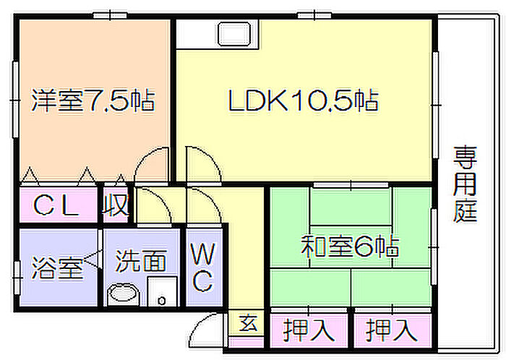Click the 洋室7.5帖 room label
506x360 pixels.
[x=93, y=100]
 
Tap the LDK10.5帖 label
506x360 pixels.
[x=304, y=100]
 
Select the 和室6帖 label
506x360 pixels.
[x=350, y=247]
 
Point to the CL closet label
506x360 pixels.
[x=56, y=205]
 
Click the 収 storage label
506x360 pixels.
[x=116, y=205]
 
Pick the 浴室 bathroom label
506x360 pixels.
[x=57, y=267]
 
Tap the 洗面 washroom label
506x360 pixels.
[x=141, y=260]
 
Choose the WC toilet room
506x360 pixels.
[x=203, y=267]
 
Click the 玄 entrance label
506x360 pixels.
[x=248, y=323]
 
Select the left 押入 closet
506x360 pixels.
[x=309, y=330]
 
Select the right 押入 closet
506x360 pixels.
[x=392, y=330]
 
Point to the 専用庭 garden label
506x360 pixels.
[x=465, y=184]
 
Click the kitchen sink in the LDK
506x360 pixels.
[x=235, y=33]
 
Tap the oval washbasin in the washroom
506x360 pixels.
[x=123, y=293]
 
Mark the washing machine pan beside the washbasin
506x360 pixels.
[x=163, y=291]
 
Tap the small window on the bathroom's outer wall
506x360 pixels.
[x=17, y=278]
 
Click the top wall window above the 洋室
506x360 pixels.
[x=110, y=15]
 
